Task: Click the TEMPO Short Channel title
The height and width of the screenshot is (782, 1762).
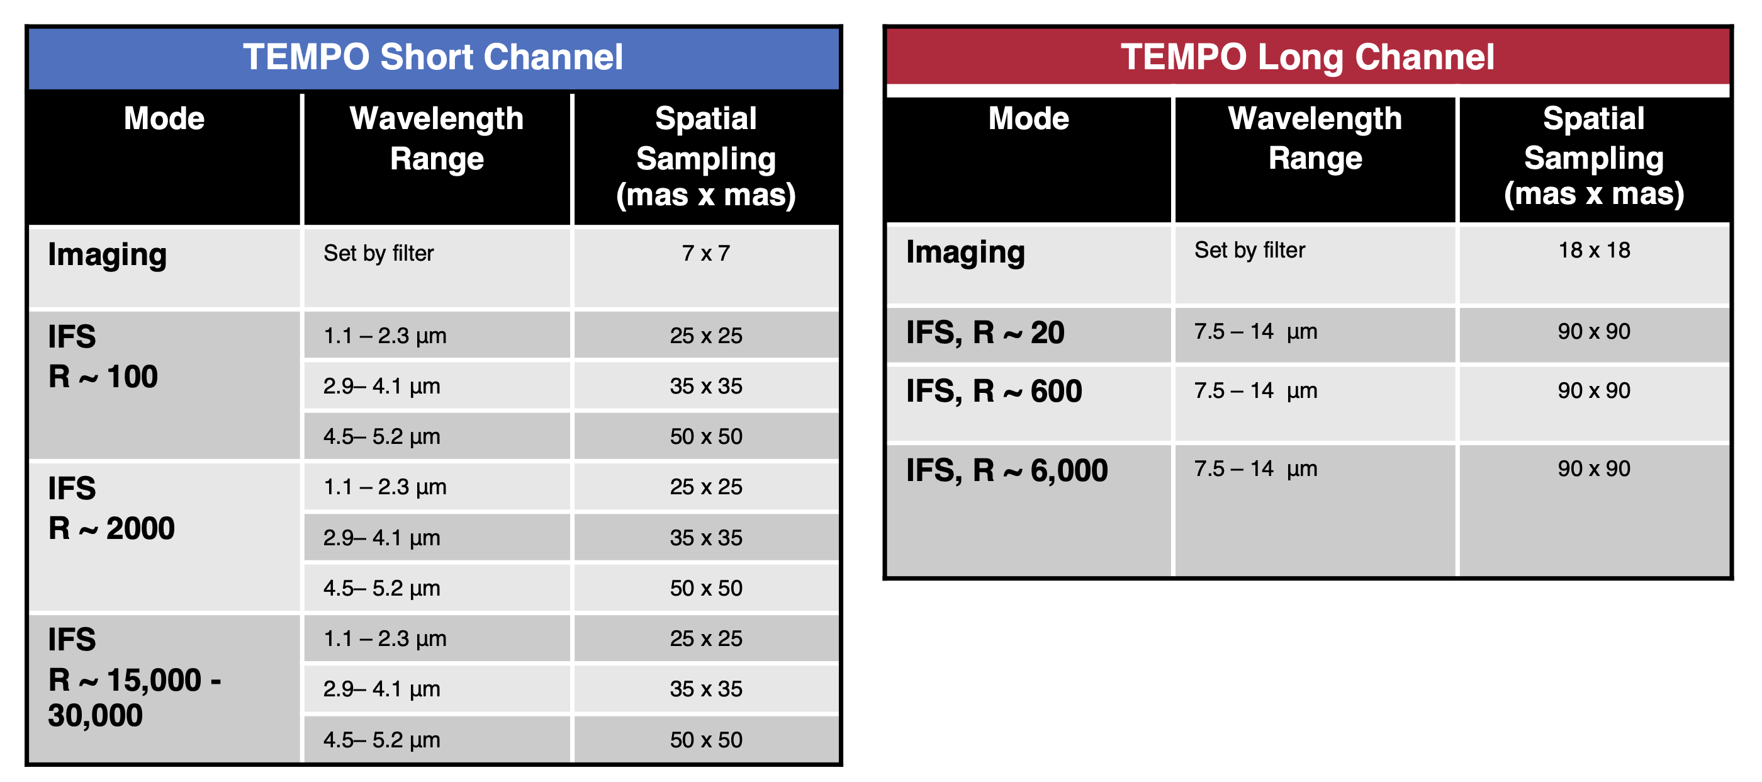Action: click(x=433, y=57)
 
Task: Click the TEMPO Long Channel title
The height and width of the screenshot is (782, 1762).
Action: click(x=1307, y=57)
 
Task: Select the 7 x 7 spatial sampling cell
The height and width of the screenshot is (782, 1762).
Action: click(x=706, y=253)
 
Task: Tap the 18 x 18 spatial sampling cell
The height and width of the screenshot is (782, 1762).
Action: click(x=1594, y=251)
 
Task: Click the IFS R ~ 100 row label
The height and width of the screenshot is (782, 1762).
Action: click(x=103, y=356)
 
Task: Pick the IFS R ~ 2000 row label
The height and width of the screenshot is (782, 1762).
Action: click(x=111, y=508)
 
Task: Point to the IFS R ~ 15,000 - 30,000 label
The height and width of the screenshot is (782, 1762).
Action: click(x=134, y=677)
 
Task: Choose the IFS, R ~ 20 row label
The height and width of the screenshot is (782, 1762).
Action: click(x=985, y=332)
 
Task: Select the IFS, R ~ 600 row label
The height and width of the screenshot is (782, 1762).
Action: click(x=994, y=392)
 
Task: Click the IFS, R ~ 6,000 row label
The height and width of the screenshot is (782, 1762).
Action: click(x=1007, y=471)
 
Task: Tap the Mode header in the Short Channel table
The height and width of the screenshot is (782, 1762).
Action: click(x=164, y=118)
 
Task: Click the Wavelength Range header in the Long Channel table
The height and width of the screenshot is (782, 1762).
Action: click(x=1315, y=138)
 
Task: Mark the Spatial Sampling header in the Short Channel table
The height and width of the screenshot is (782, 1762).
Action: click(x=706, y=157)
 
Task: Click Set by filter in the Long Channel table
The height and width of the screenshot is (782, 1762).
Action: click(x=1250, y=251)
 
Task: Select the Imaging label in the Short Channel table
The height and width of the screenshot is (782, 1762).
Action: click(x=108, y=255)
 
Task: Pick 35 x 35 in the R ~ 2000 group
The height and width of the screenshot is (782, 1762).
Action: click(x=706, y=538)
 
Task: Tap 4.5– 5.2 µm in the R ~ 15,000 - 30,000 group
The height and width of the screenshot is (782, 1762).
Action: click(x=382, y=740)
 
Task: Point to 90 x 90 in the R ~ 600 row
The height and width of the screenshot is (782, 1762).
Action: click(x=1594, y=390)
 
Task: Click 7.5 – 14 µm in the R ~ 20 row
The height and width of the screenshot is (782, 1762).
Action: click(x=1256, y=332)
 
